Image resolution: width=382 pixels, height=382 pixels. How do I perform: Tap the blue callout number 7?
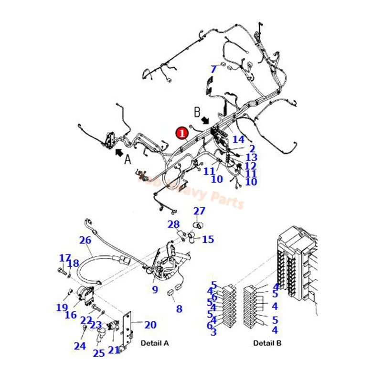point(213,69)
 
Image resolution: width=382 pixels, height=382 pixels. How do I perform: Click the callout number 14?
point(238,139)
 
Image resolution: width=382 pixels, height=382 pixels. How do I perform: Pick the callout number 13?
point(251,157)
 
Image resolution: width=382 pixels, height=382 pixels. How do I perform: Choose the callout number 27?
point(199,211)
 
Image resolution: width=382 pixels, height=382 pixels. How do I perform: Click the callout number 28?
point(173,224)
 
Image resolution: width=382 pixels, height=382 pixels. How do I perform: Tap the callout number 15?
point(208,239)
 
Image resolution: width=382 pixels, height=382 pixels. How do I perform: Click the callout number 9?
point(155,289)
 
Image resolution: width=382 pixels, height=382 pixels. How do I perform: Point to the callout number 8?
point(179,309)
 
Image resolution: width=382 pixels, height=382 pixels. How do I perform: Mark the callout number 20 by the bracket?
point(150,325)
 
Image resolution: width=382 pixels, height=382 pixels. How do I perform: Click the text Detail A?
point(154,343)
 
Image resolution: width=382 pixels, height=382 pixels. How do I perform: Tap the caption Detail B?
point(267,343)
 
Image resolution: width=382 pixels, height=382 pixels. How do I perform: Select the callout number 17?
point(65,258)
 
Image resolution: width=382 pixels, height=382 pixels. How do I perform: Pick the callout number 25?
point(99,353)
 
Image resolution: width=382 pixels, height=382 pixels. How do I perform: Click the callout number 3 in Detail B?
point(213,332)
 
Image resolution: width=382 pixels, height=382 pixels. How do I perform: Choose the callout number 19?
point(62,308)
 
